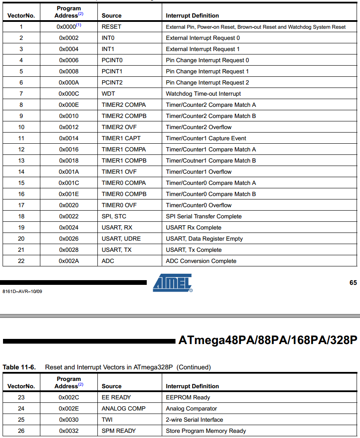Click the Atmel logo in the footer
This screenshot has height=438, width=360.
[172, 283]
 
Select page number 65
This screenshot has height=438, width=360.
[353, 283]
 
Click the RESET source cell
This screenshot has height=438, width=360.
[112, 27]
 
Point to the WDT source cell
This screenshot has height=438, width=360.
[109, 94]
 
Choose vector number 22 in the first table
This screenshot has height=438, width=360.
[21, 261]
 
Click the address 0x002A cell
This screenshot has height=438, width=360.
[69, 261]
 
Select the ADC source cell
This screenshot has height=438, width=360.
[108, 261]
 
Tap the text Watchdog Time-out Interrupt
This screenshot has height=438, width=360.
[203, 94]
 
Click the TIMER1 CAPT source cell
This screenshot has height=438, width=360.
[121, 138]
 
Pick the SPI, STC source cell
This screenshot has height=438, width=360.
[114, 216]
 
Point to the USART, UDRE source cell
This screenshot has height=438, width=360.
[121, 239]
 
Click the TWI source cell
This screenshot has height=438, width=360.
[107, 420]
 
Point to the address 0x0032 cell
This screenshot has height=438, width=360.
[69, 431]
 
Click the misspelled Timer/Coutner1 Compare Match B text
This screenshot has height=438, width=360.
[211, 160]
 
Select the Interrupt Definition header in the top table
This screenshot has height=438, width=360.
[192, 15]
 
